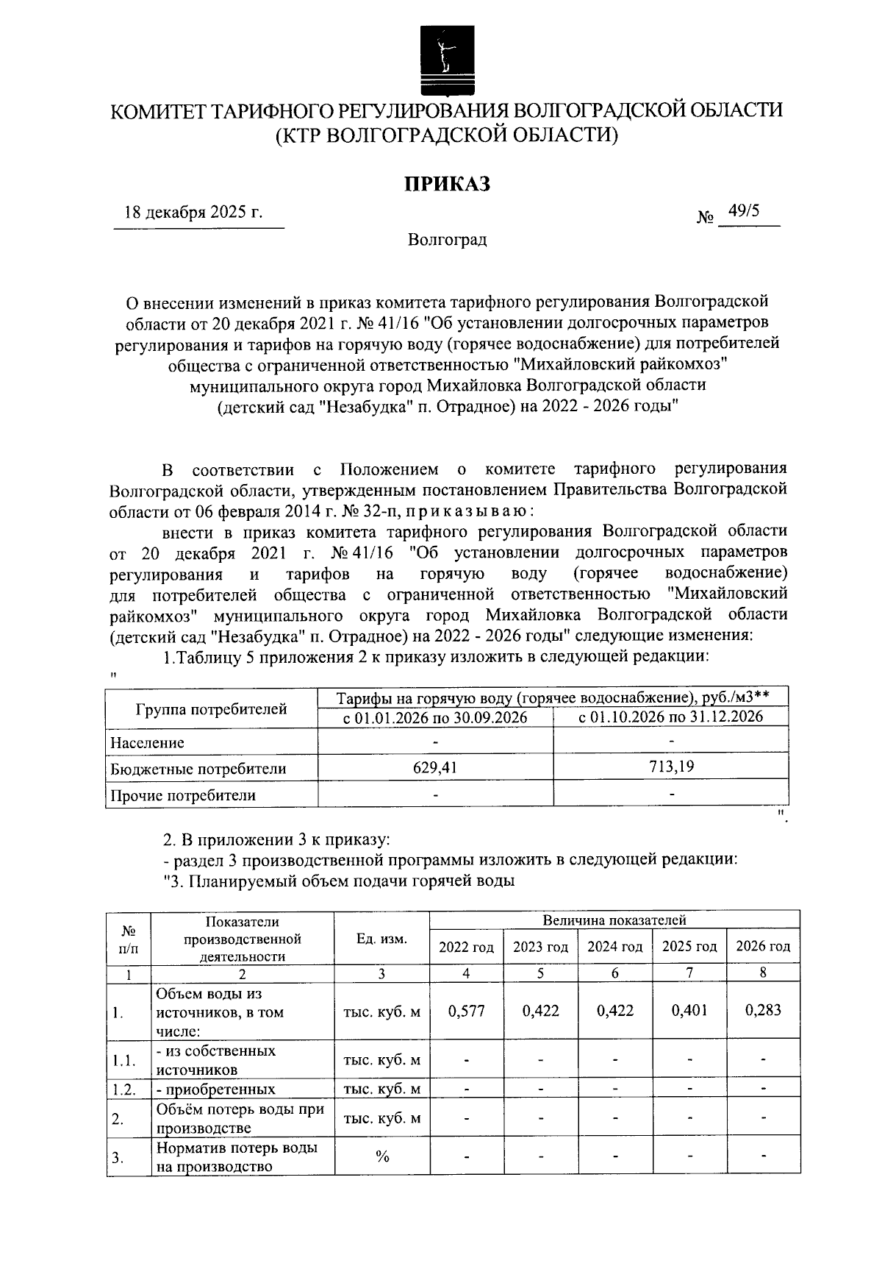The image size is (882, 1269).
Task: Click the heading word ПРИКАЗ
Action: tap(447, 184)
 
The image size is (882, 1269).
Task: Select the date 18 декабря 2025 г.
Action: tap(193, 213)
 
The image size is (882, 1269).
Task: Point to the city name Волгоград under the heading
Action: tap(447, 240)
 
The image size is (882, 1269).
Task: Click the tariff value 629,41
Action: tap(435, 768)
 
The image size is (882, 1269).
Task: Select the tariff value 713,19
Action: tap(670, 767)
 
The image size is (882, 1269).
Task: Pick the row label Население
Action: tap(147, 743)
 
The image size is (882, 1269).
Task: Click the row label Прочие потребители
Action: tap(183, 795)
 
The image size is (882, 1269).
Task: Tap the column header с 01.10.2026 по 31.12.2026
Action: tap(670, 717)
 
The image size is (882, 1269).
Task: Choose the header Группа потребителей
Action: tap(212, 709)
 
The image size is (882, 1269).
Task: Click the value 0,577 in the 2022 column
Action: tap(466, 1011)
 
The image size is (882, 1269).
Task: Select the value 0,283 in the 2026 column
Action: tap(763, 1010)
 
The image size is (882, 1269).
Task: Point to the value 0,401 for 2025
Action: tap(689, 1010)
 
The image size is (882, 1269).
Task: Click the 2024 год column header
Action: tap(614, 948)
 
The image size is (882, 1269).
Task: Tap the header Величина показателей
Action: tap(614, 920)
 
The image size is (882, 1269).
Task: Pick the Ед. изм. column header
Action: tap(381, 939)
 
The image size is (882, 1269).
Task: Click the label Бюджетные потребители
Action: tap(198, 769)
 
